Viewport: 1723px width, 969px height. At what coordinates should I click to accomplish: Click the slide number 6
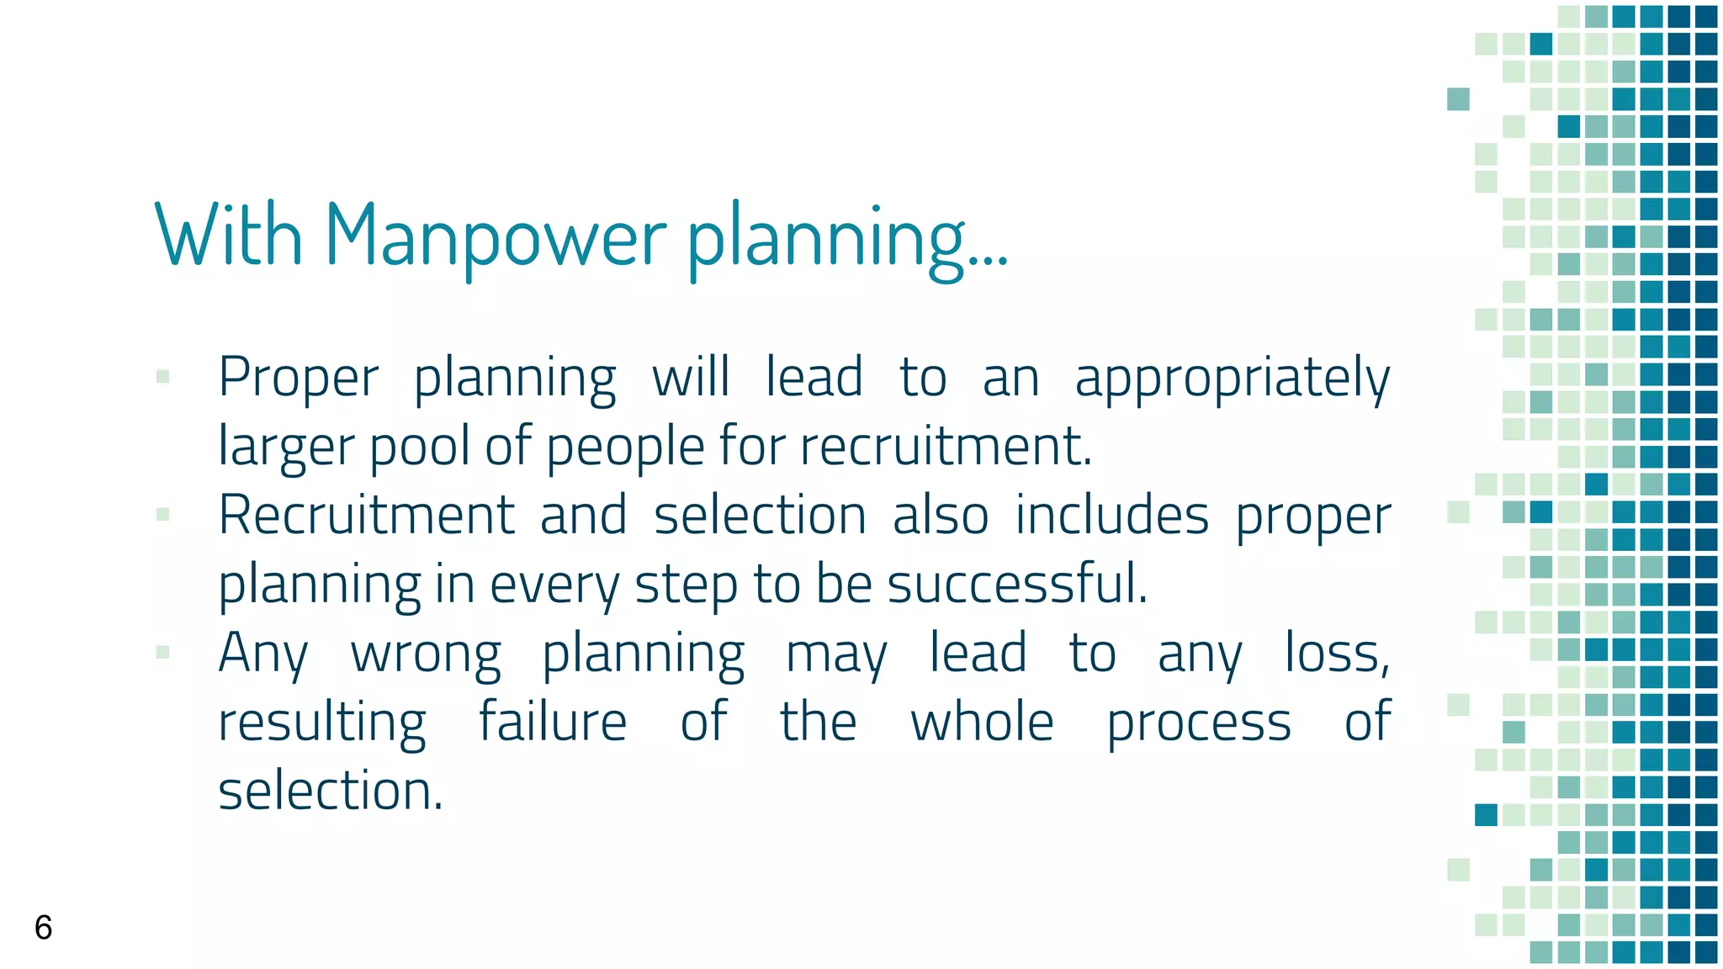(x=44, y=927)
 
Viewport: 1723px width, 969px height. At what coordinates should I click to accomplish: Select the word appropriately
(x=1233, y=379)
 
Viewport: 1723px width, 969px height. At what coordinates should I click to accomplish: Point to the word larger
(x=285, y=447)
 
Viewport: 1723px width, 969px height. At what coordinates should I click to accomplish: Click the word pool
(x=419, y=447)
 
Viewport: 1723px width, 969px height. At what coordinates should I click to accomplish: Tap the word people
(x=625, y=447)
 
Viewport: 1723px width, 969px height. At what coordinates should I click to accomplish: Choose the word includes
(x=1112, y=516)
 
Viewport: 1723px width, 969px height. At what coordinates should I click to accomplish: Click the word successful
(x=1017, y=584)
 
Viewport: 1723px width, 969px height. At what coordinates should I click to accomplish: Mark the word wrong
(x=426, y=654)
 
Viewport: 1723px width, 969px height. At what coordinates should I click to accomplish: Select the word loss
(x=1337, y=654)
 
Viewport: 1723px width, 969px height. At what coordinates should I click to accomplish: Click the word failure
(x=553, y=722)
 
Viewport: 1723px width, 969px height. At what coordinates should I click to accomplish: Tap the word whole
(x=982, y=722)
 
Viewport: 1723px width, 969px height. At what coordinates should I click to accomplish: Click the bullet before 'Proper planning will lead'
(x=163, y=377)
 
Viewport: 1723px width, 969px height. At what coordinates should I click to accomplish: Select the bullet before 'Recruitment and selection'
(x=163, y=514)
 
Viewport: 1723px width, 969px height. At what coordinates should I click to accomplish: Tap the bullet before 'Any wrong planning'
(x=163, y=652)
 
